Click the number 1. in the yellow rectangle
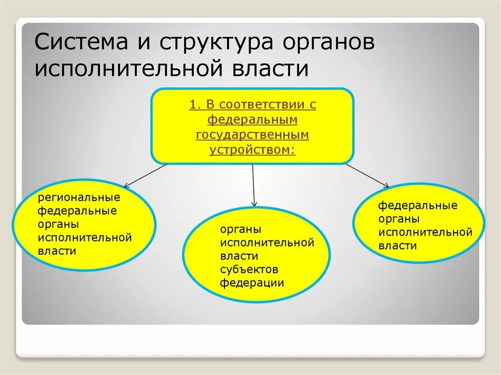[194, 105]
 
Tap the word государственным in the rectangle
[252, 134]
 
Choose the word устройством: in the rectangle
[252, 149]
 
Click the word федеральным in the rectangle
[252, 120]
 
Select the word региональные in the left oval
[79, 198]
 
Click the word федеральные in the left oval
[77, 211]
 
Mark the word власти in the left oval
[57, 251]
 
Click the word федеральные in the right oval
[417, 205]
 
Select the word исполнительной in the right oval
[425, 232]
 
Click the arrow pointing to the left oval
[145, 176]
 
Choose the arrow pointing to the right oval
[367, 176]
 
